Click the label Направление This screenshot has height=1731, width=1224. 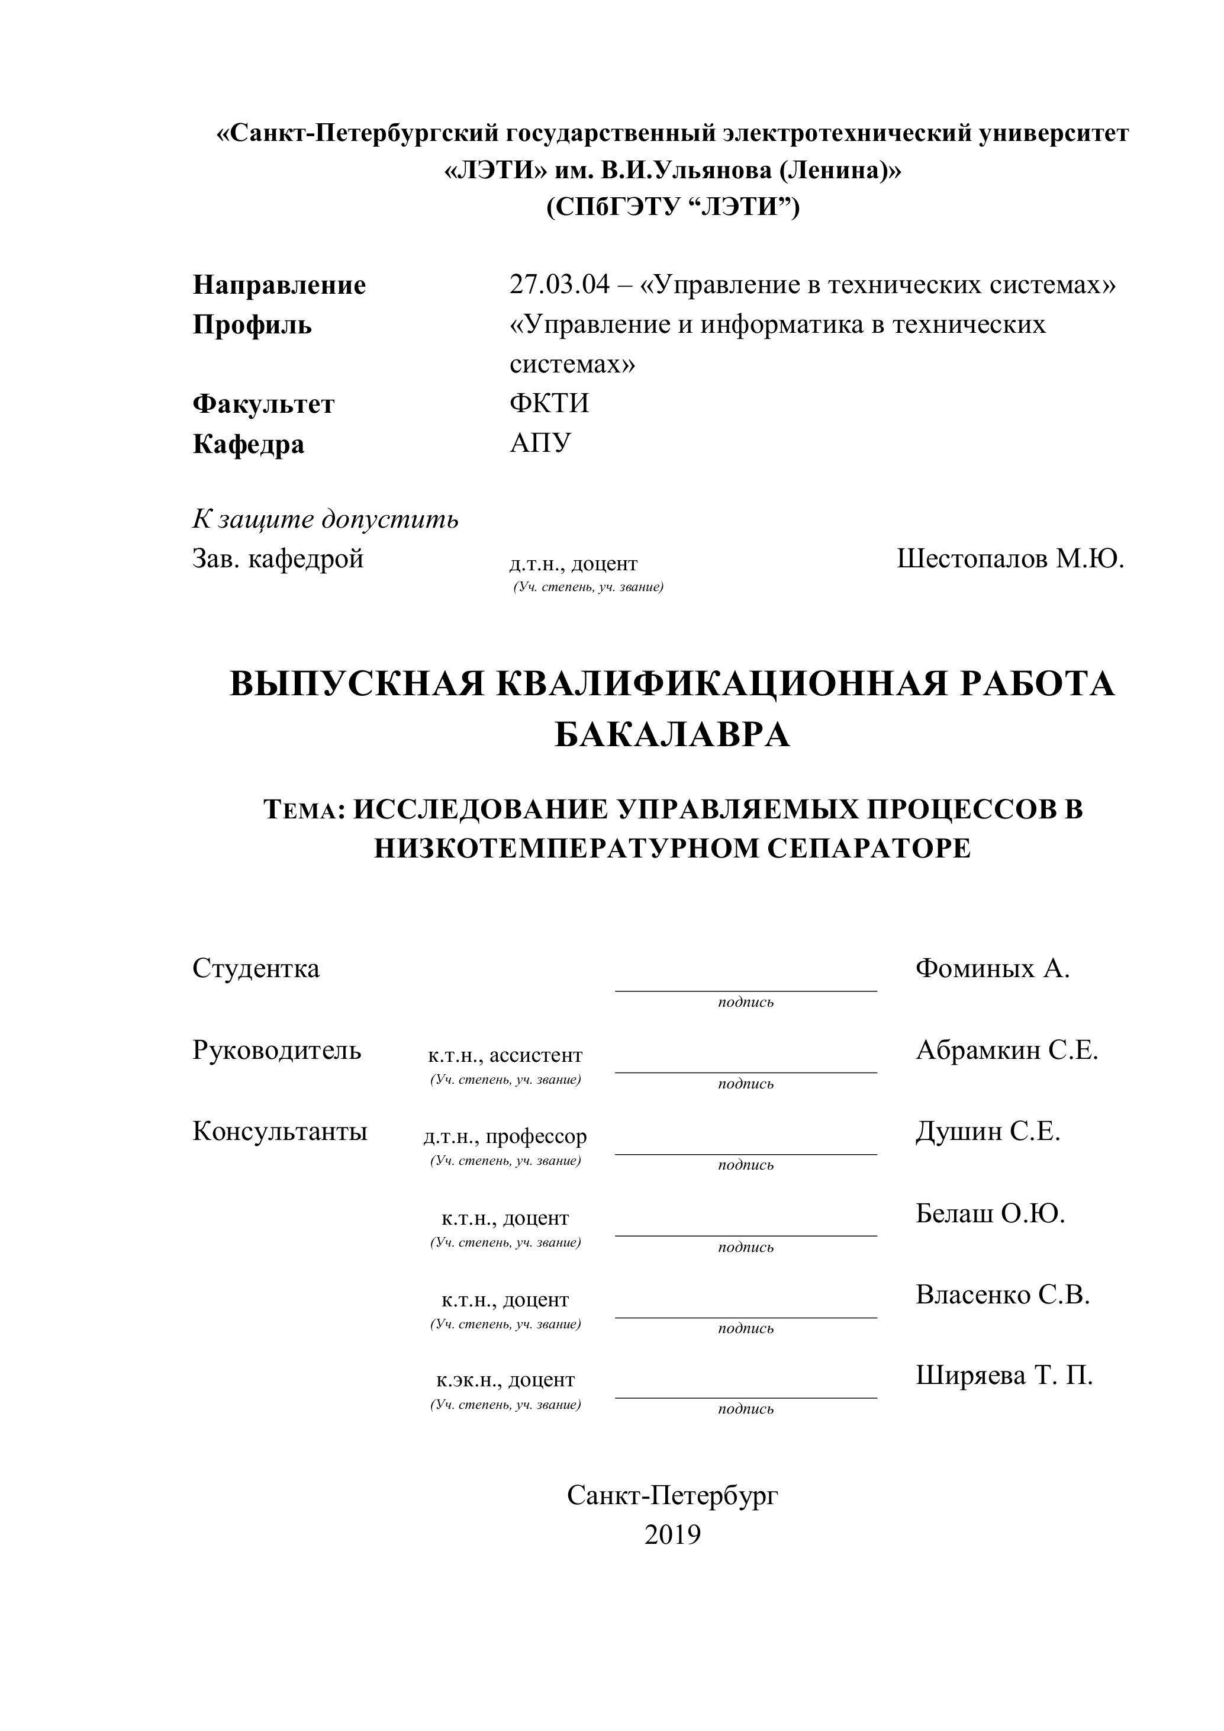point(279,285)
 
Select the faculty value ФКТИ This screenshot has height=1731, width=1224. point(549,404)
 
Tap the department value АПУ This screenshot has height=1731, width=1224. point(540,444)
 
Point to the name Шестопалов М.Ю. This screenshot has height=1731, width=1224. point(1010,560)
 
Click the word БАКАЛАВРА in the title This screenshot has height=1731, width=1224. point(672,735)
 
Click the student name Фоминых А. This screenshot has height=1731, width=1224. point(993,969)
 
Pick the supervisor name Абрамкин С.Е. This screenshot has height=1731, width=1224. point(1007,1050)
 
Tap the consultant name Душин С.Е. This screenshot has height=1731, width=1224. point(988,1132)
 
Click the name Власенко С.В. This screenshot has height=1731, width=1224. point(1003,1295)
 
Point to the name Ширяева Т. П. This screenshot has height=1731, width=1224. point(1004,1376)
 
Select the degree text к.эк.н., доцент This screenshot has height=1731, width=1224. point(505,1380)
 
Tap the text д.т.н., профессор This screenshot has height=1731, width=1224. point(505,1136)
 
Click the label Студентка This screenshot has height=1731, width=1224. point(256,969)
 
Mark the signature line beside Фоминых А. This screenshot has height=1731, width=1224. point(746,990)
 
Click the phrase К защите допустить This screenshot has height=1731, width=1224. point(326,519)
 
